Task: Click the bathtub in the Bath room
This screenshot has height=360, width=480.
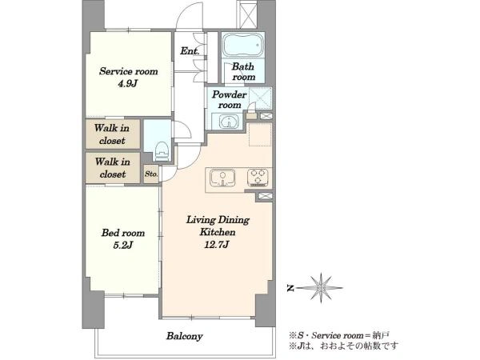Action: click(x=243, y=45)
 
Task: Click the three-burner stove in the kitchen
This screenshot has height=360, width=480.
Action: click(x=258, y=178)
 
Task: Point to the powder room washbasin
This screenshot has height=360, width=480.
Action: click(x=228, y=122)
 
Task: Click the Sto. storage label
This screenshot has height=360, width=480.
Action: click(x=151, y=174)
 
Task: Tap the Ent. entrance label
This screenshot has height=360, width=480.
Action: click(x=190, y=50)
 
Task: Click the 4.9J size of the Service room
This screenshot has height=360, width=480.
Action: click(x=127, y=83)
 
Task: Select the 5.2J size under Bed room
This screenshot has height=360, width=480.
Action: click(x=122, y=245)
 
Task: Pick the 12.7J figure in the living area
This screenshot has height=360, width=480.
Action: click(x=218, y=244)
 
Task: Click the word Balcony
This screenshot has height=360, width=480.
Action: click(x=184, y=336)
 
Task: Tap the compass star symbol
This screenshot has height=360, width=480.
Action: click(x=321, y=288)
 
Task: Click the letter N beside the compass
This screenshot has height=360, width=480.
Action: click(x=290, y=288)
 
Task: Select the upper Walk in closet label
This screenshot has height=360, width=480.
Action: click(x=112, y=134)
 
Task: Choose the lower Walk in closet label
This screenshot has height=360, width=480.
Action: click(x=112, y=168)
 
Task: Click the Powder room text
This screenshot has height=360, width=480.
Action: click(x=230, y=99)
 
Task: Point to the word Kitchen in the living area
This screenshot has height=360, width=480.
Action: click(x=218, y=232)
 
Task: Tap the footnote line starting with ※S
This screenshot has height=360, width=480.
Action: click(x=339, y=335)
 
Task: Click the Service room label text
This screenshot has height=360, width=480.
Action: click(x=129, y=71)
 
